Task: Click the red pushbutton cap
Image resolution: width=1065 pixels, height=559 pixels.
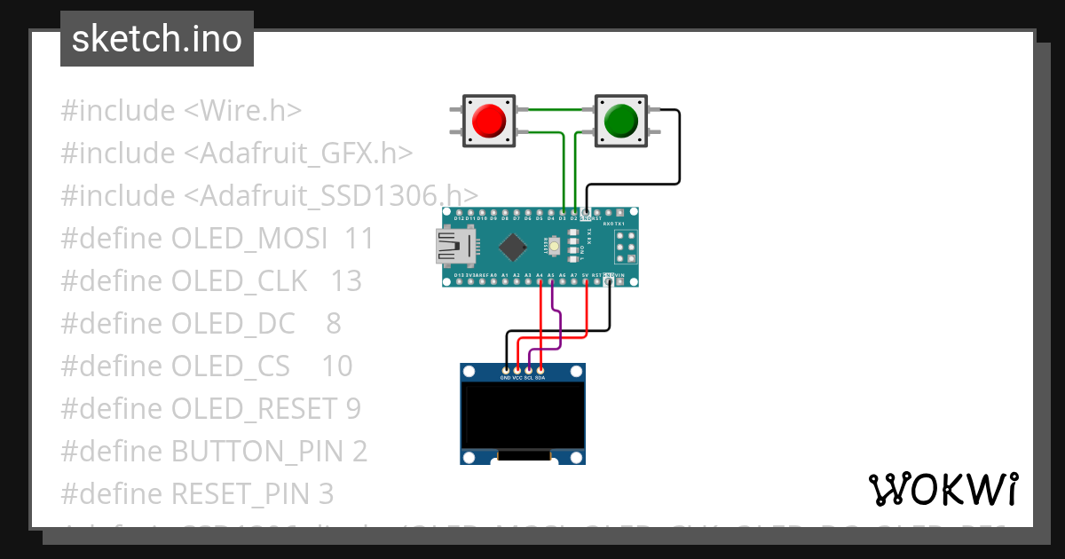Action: [x=489, y=121]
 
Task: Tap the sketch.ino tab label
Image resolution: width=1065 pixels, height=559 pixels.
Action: [x=156, y=39]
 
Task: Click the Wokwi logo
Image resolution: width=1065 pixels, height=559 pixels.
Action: [x=943, y=490]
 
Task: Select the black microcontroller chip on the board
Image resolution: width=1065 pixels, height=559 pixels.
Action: [x=513, y=247]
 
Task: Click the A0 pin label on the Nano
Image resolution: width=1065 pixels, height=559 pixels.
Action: [x=493, y=276]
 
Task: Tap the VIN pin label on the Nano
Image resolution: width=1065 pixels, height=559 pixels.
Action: [x=619, y=276]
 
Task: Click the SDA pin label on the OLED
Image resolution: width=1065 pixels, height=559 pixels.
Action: [x=540, y=378]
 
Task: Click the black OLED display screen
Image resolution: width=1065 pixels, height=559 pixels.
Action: [x=523, y=415]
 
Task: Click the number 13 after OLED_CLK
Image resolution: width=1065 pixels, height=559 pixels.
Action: [x=346, y=281]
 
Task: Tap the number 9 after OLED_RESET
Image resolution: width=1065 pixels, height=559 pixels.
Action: [x=353, y=409]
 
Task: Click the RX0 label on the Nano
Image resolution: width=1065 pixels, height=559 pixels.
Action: [x=608, y=225]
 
